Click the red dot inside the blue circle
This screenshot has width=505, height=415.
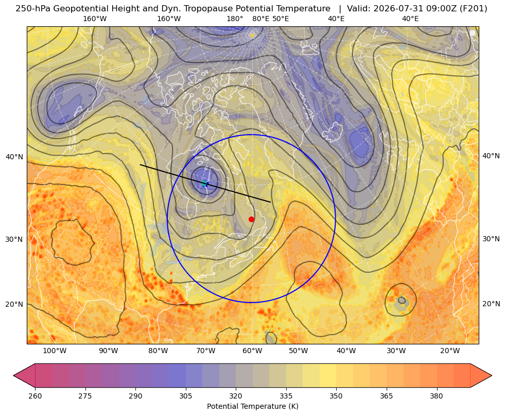coord(251,219)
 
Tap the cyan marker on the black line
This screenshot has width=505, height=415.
coord(204,184)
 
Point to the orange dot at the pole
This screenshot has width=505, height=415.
coord(252,35)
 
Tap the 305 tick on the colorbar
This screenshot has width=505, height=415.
coord(186,396)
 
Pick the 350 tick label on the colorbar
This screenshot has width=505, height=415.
coord(336,396)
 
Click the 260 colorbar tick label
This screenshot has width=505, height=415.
coord(35,396)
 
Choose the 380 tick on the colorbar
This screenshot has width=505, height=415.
coord(437,396)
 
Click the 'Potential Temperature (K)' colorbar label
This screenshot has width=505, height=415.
coord(252,406)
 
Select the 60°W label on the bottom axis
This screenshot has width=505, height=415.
coord(252,351)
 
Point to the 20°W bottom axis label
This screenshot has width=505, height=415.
coord(450,351)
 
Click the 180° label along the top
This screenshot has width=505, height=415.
coord(235,19)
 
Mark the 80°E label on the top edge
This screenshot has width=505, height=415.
coord(260,19)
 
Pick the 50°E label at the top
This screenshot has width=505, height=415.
coord(281,19)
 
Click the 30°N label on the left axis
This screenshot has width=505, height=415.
coord(14,239)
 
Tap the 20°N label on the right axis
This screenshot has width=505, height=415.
coord(491,304)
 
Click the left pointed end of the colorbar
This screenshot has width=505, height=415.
coord(14,375)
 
